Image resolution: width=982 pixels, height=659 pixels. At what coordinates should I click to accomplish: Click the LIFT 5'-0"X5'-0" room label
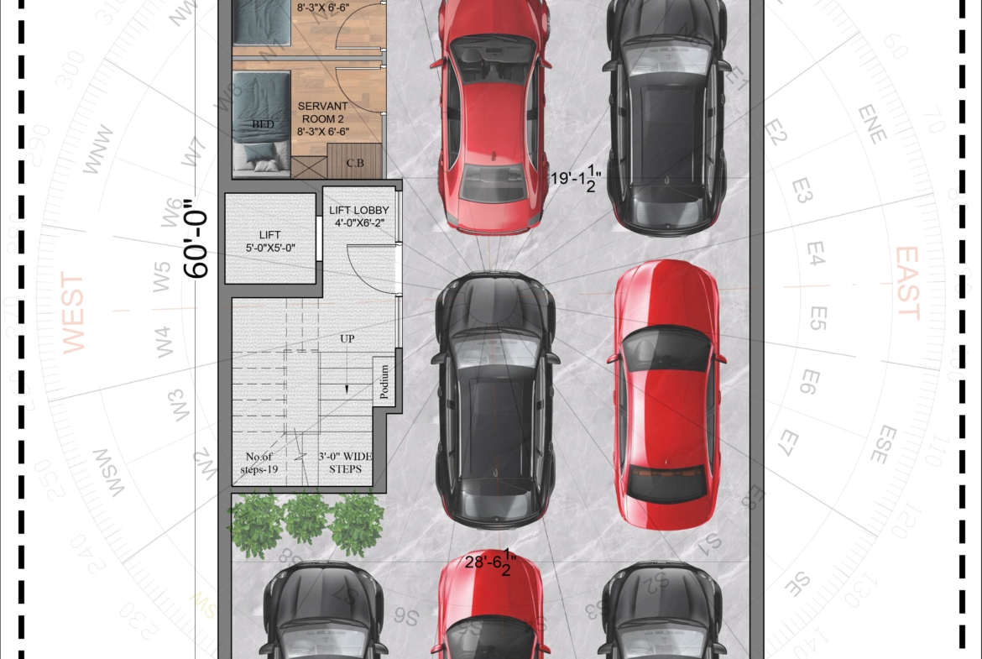[270, 242]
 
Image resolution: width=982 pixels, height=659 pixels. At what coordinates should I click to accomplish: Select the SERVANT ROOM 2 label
[323, 118]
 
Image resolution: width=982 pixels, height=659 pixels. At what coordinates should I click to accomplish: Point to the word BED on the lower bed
[263, 124]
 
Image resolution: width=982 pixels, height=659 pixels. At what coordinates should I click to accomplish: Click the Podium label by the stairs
[384, 383]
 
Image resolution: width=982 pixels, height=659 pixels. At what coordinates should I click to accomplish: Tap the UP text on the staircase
[347, 338]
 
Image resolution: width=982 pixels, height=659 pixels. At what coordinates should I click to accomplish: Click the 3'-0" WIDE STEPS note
[345, 463]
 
